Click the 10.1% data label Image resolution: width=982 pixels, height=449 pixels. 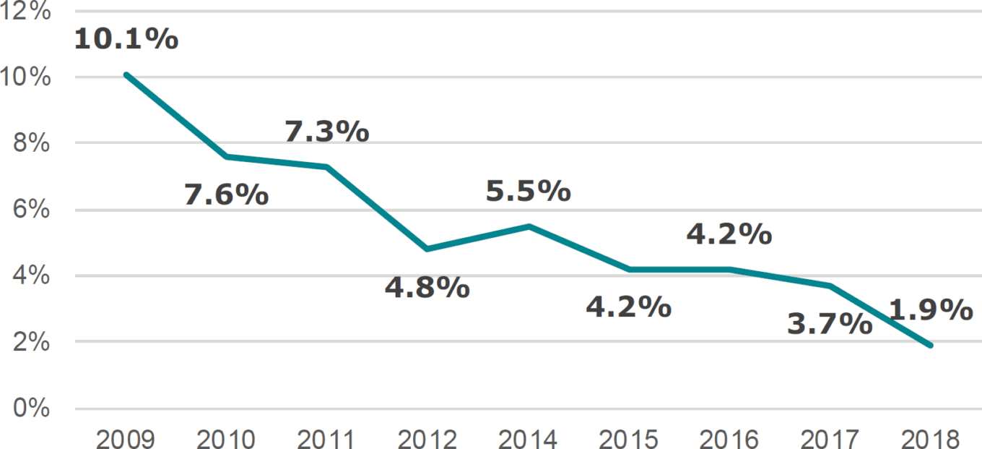coord(126,39)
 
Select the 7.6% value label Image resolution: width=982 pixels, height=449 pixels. coord(226,194)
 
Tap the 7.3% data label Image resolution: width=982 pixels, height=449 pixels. coord(326,132)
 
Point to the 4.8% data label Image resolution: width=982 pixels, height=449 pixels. coord(427,287)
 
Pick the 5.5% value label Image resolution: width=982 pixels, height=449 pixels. coord(528,191)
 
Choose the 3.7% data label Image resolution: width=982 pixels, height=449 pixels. coord(830,324)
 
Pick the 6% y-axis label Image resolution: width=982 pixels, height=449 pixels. coord(32,210)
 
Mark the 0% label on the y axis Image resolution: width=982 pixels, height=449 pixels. coord(32,409)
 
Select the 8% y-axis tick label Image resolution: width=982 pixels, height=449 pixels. coord(32,144)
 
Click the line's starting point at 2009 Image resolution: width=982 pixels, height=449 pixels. coord(126,74)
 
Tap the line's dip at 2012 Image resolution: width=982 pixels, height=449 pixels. coord(427,249)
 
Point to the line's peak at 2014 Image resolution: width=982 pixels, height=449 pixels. coord(528,226)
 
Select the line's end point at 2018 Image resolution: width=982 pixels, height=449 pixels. coord(930,346)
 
